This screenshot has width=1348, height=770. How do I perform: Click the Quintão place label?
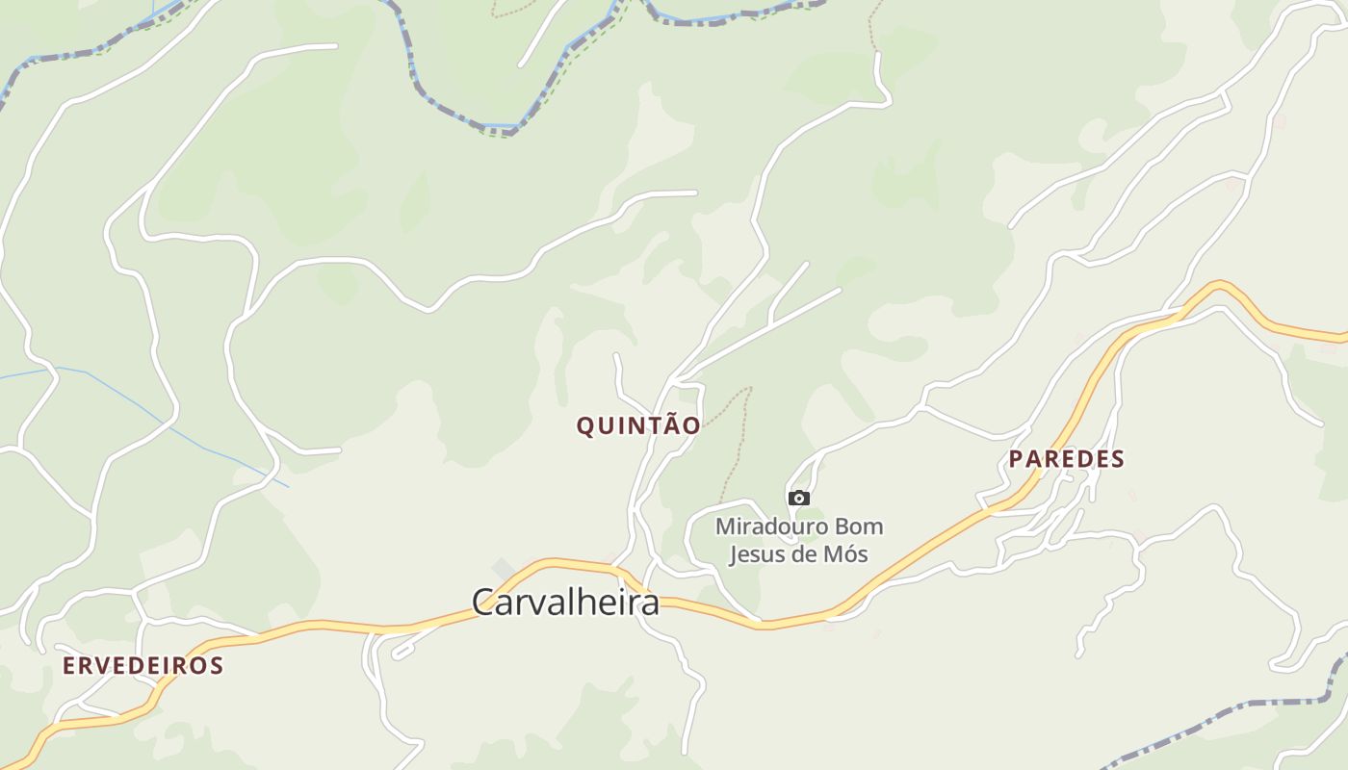pos(638,425)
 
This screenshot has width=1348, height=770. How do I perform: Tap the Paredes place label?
pos(1066,459)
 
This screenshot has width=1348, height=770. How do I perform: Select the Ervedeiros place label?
pos(143,665)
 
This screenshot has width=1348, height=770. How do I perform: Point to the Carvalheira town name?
pos(565,603)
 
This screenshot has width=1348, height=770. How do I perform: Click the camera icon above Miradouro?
pos(798,498)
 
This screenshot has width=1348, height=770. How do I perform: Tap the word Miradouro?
pos(762,527)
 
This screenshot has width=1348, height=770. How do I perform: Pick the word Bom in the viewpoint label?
pos(860,527)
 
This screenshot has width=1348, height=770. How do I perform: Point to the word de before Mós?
pos(804,554)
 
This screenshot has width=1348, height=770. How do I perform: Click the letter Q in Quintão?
pos(585,425)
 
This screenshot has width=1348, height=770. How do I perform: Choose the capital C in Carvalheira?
pos(483,603)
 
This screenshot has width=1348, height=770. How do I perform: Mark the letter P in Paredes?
pos(1016,459)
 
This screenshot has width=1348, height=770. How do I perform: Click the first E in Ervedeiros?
pos(69,665)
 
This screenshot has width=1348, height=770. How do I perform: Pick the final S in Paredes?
pos(1118,459)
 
